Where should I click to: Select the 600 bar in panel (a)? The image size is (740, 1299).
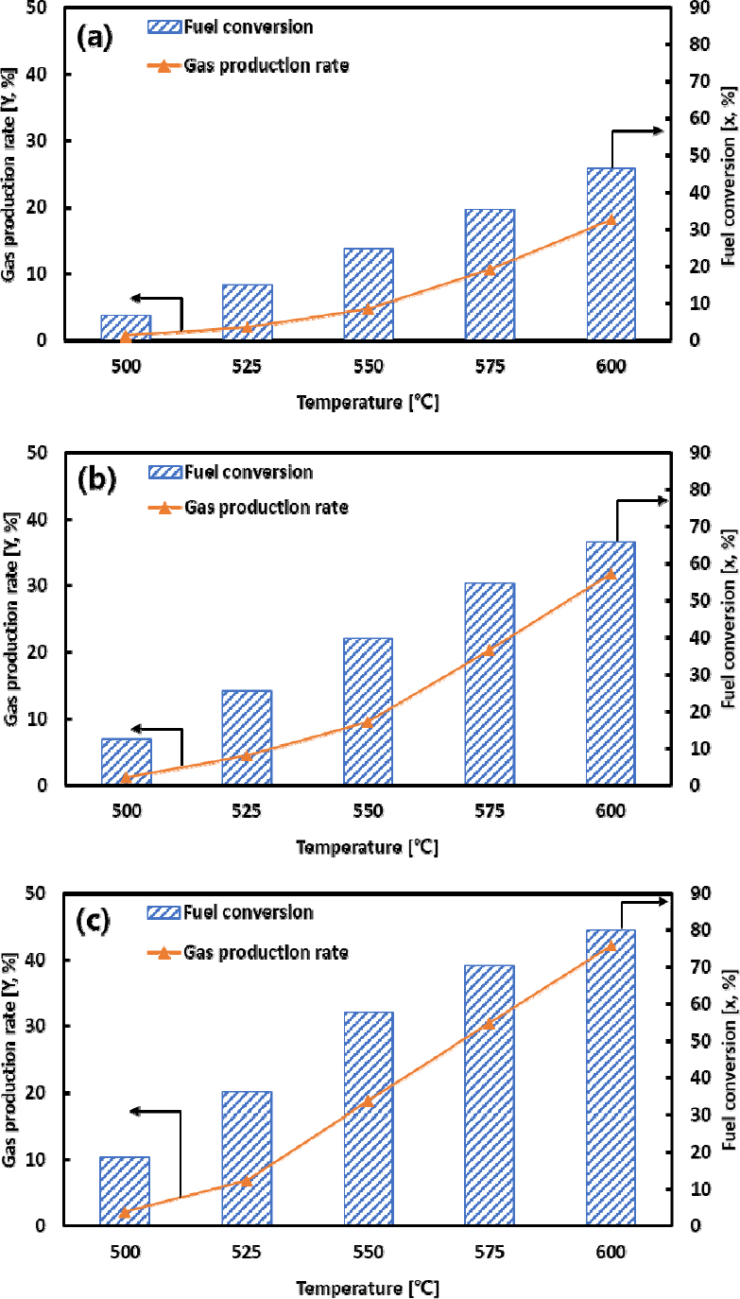tap(611, 253)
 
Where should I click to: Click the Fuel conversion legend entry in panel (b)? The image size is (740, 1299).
tap(250, 472)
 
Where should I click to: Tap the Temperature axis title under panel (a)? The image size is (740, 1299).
tap(368, 402)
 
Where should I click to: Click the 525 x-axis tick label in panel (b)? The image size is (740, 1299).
tap(247, 812)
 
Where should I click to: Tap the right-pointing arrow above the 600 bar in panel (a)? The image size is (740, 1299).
tap(639, 133)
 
